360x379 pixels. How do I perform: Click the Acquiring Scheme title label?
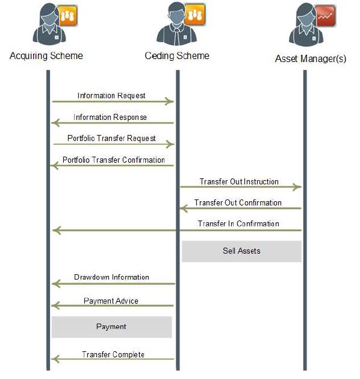tap(46, 56)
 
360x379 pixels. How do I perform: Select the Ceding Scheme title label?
tap(177, 55)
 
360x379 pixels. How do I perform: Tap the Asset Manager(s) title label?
tap(311, 58)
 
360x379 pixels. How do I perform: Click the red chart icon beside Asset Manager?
tap(325, 16)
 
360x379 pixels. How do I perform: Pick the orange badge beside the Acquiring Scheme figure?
tap(67, 16)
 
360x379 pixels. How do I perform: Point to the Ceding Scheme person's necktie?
tap(177, 37)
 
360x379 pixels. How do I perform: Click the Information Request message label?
tap(111, 95)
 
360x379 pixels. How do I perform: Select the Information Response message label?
tap(110, 117)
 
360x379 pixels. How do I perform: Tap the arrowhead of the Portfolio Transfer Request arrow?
tap(170, 144)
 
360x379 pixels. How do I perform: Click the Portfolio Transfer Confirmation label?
tap(114, 160)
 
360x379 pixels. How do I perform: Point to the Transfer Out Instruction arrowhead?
tap(297, 187)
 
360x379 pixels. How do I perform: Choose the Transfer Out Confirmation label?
tap(238, 202)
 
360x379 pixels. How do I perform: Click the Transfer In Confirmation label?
tap(238, 224)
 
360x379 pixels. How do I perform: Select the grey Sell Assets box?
tap(241, 251)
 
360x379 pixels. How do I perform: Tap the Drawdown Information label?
tap(111, 277)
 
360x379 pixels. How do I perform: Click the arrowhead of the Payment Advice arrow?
tap(55, 305)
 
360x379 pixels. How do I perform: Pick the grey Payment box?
tap(112, 327)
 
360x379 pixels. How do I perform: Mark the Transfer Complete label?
tap(113, 354)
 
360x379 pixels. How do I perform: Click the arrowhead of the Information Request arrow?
tap(170, 101)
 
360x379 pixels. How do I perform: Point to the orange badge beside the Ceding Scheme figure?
tap(195, 14)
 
